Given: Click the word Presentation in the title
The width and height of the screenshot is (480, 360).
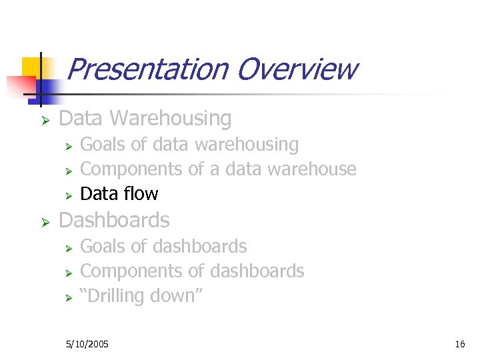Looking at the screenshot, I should tap(147, 69).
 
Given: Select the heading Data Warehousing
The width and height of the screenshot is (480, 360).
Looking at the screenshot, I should tap(145, 119).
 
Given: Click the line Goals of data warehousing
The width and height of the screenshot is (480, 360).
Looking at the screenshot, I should tap(189, 145).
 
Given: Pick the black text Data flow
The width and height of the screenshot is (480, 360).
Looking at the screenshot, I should tap(119, 194).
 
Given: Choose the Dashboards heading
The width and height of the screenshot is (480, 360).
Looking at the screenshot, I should tap(114, 221).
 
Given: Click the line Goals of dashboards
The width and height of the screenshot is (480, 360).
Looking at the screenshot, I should tap(163, 247).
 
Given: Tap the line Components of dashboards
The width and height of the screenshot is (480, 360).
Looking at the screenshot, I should tap(192, 271).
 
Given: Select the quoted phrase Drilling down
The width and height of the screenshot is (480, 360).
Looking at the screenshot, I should tap(141, 296).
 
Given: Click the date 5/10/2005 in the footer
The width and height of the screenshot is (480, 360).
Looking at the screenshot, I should tap(88, 344).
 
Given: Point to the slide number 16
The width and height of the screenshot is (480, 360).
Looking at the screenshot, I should tap(459, 344).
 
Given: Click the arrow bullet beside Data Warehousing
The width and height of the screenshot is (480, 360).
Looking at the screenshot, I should tap(45, 120).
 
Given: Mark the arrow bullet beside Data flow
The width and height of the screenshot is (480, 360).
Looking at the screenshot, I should tap(67, 195).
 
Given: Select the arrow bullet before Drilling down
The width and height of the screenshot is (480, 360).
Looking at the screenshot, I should tap(67, 297).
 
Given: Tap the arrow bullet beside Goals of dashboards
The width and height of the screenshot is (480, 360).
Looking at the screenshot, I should tap(67, 248).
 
